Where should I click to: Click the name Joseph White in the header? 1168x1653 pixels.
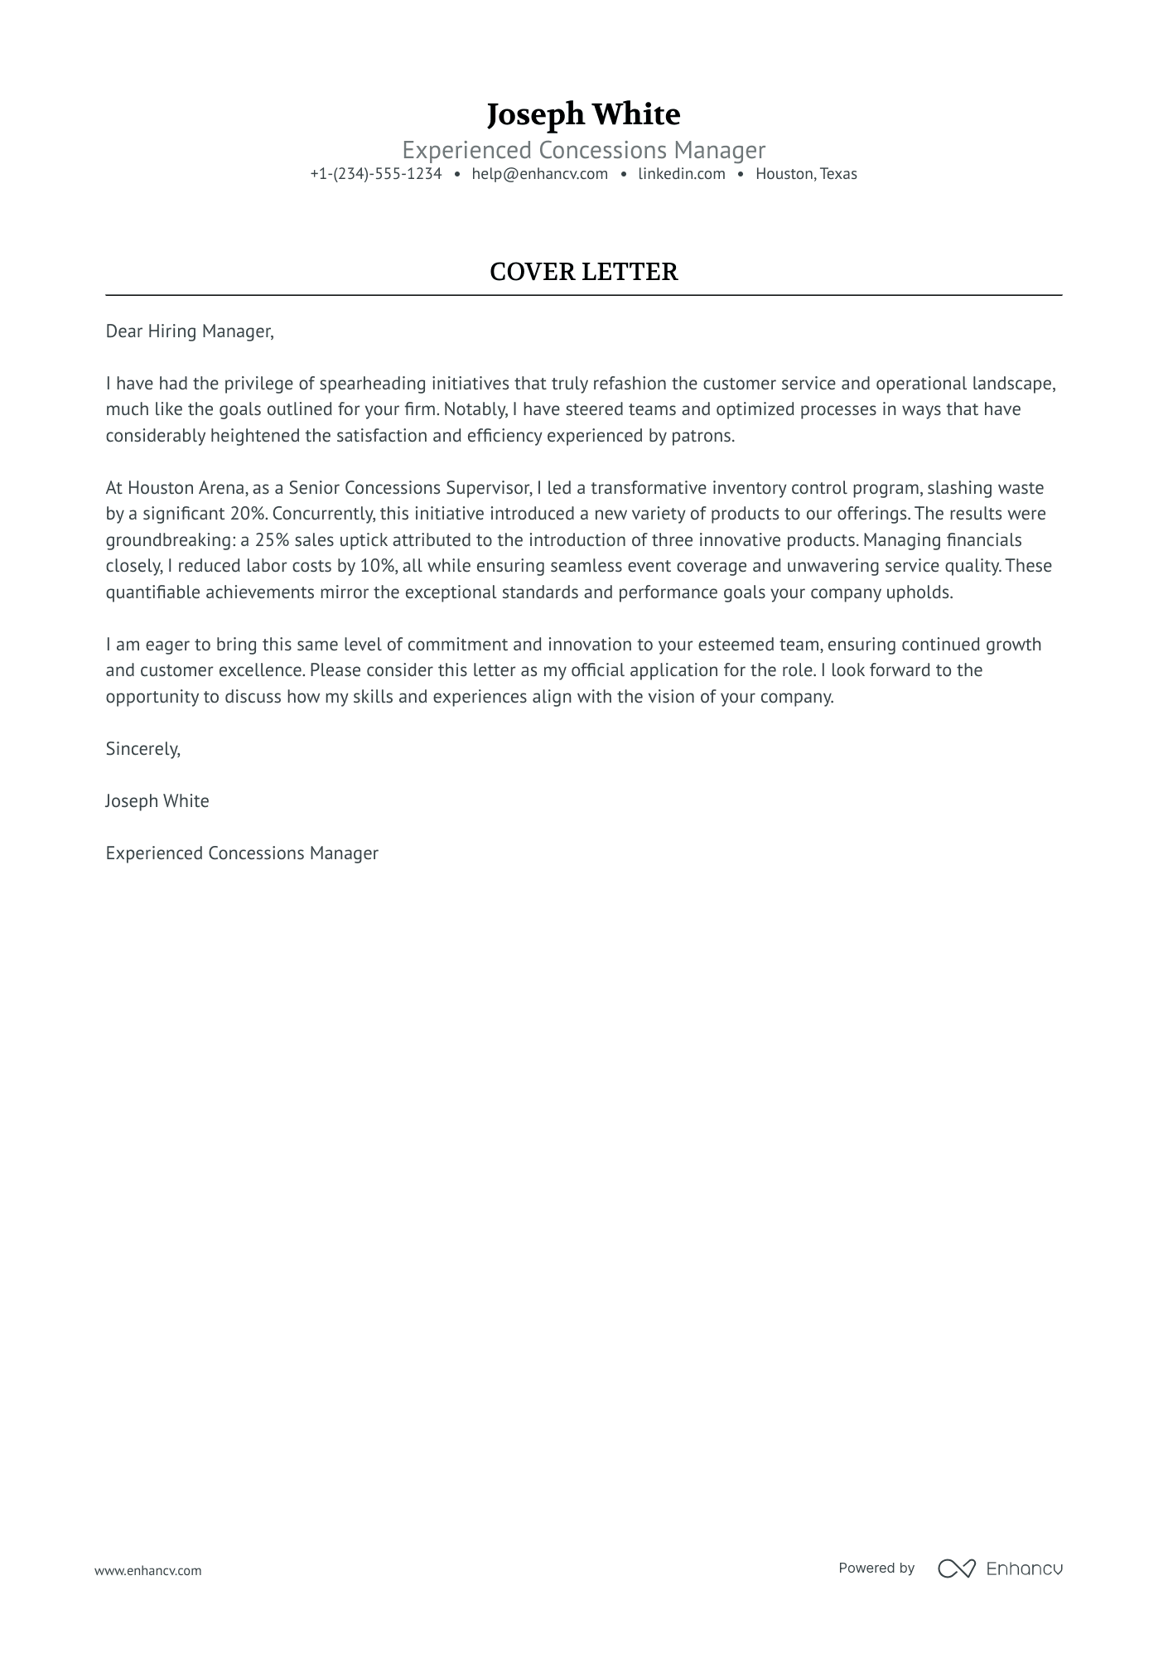[583, 114]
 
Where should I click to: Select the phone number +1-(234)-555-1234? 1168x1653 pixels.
[375, 174]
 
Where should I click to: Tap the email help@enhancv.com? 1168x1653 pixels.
[539, 174]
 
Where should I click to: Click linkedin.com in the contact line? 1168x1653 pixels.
[681, 174]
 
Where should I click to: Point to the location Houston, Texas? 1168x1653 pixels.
[805, 174]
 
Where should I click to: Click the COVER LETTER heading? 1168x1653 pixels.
[583, 272]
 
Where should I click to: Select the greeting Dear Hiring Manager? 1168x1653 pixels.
[189, 331]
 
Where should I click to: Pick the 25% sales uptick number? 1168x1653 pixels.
[272, 540]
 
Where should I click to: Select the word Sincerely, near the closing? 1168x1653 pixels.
[142, 749]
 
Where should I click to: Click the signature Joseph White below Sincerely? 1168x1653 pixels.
[157, 801]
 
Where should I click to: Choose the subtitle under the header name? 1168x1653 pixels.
[583, 150]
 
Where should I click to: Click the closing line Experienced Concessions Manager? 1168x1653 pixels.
[241, 853]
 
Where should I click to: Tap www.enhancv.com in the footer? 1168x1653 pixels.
[147, 1570]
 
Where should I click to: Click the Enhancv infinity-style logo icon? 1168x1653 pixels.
[956, 1568]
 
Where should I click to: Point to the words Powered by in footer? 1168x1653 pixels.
[876, 1568]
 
